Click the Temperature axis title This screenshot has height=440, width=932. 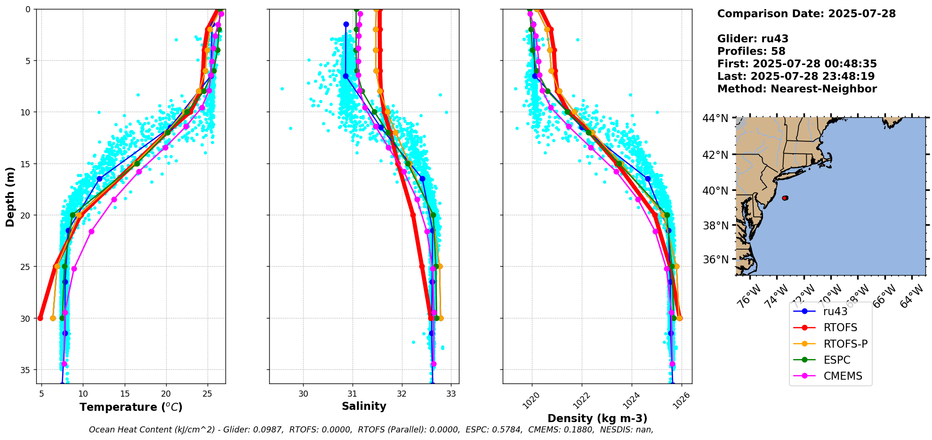131,407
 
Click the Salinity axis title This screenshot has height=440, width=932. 364,406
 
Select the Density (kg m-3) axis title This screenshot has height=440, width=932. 597,418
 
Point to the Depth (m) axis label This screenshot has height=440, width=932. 10,196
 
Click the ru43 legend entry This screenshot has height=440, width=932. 835,311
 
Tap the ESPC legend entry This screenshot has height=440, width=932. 837,360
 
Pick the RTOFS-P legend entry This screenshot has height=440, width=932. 845,344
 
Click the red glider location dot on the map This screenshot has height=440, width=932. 785,198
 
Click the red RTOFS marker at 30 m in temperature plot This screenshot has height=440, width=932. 40,318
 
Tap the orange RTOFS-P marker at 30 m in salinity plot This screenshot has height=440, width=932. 441,318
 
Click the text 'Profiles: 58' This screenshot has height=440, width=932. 751,51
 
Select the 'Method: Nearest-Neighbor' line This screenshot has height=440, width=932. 796,89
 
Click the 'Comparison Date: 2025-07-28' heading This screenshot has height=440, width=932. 806,14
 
